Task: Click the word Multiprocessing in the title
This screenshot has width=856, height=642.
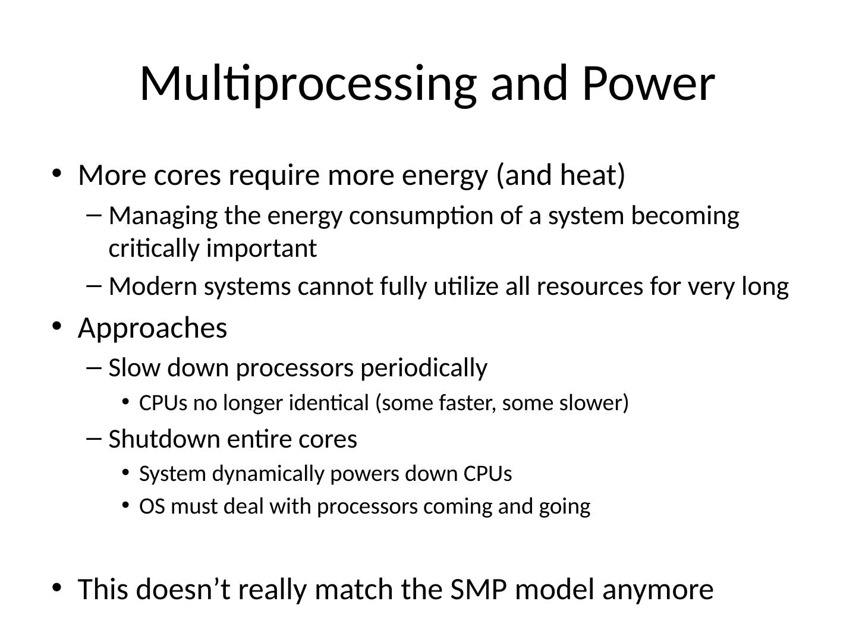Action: (x=308, y=84)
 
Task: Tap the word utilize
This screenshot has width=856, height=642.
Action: (x=465, y=286)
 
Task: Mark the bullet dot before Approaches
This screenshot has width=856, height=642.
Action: (x=56, y=326)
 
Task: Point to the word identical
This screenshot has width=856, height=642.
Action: (x=328, y=403)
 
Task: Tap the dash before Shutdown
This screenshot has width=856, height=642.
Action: (x=93, y=439)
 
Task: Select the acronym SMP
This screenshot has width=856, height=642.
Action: (x=479, y=589)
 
